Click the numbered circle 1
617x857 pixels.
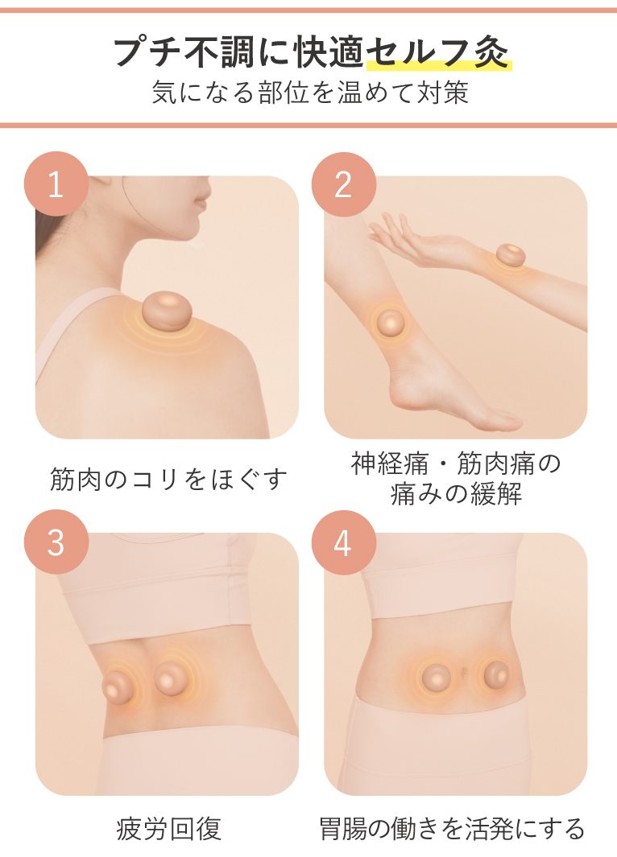56,184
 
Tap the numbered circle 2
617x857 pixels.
343,184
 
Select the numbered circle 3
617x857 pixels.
56,542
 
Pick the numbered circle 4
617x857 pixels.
343,542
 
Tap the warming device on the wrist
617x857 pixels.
511,256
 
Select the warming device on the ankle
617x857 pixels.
389,323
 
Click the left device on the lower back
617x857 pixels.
120,684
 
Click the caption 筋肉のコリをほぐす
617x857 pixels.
168,480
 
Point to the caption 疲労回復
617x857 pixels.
168,829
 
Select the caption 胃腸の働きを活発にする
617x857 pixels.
452,829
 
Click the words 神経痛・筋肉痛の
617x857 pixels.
456,464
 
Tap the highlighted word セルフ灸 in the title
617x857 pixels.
438,52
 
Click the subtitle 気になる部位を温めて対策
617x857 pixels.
309,93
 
